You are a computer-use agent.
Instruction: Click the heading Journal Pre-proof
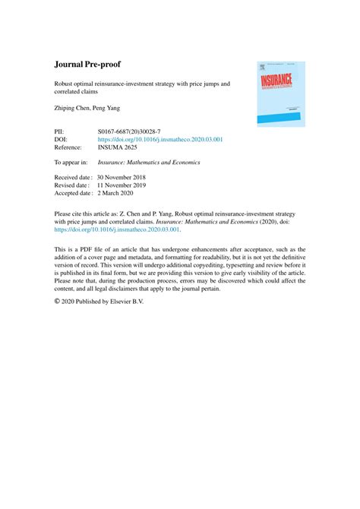pos(92,66)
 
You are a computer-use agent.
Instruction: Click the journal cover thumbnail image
pos(280,93)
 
